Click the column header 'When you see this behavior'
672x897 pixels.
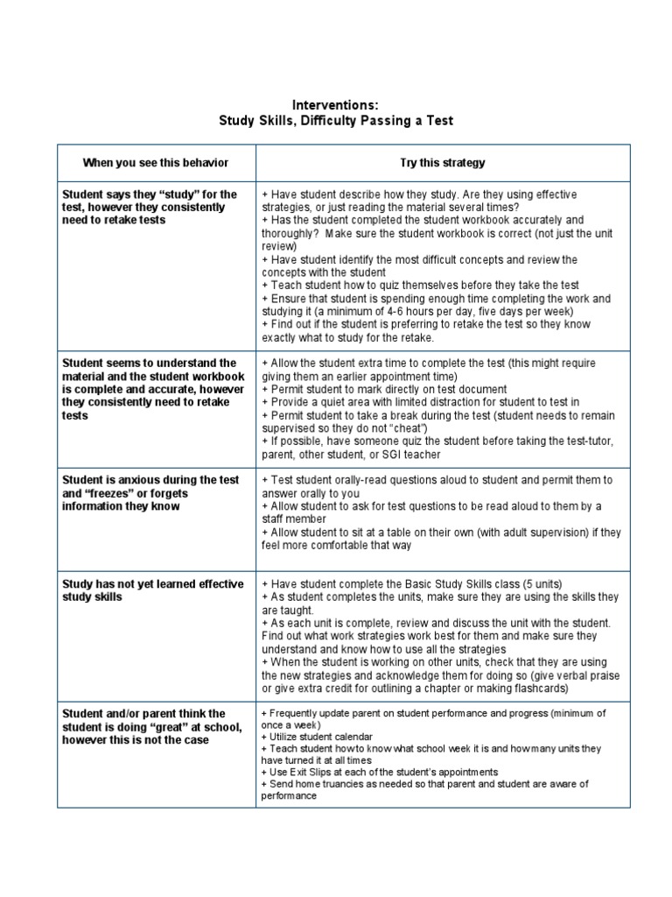[x=156, y=163]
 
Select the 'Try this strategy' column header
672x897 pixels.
[x=442, y=163]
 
